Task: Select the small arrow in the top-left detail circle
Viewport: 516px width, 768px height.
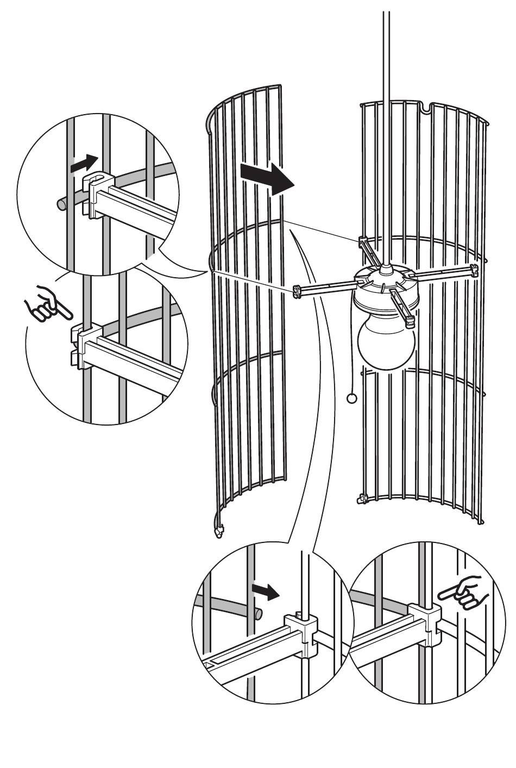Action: coord(84,162)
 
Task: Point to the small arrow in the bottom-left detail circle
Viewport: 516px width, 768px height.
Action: coord(266,591)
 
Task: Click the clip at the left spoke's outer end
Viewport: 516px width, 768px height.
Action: coord(297,291)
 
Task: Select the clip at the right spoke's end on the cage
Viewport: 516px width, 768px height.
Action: coord(474,269)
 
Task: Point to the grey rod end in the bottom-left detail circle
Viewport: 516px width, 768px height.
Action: coord(259,615)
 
